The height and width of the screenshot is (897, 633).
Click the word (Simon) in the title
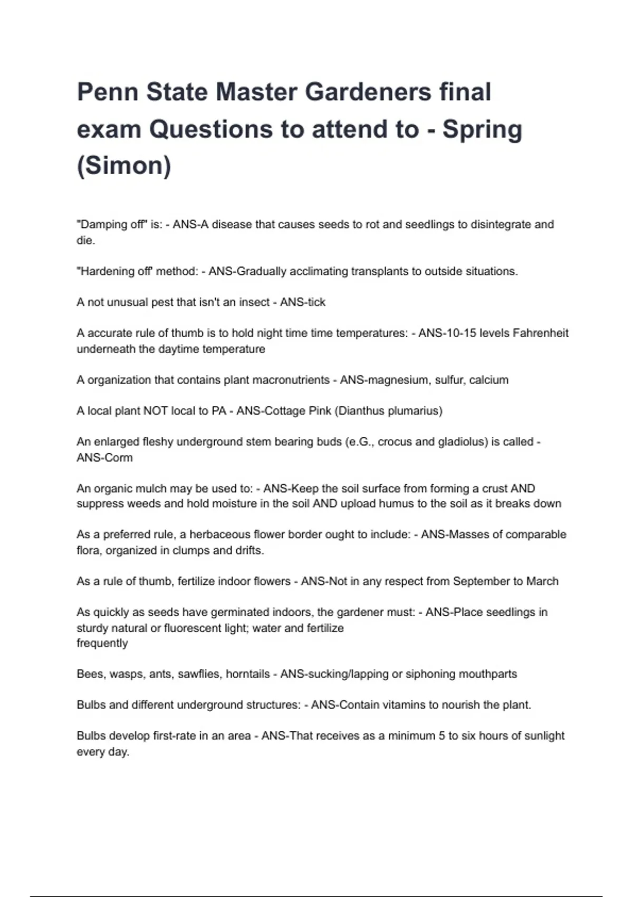[124, 166]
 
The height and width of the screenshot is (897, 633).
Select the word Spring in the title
[482, 129]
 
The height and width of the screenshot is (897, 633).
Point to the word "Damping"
[99, 224]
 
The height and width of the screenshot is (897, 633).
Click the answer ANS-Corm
[104, 457]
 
